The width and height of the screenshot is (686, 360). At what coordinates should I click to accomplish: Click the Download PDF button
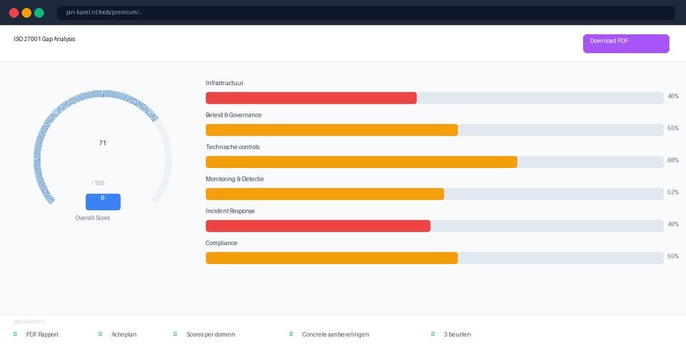(625, 44)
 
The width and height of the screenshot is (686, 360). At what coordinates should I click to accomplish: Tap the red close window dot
(14, 13)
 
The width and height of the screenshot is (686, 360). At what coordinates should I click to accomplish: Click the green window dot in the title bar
(39, 13)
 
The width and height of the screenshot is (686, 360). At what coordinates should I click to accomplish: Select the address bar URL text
(105, 13)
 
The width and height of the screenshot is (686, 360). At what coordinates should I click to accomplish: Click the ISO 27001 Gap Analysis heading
(44, 39)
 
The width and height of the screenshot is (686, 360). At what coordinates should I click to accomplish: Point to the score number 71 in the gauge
(103, 143)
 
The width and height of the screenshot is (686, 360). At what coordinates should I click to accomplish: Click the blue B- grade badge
(103, 201)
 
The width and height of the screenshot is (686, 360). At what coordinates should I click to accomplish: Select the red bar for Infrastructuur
(310, 98)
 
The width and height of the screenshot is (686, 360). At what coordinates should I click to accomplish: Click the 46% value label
(673, 97)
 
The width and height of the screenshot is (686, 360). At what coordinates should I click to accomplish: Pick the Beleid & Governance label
(233, 115)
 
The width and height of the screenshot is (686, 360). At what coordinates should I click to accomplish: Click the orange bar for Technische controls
(361, 162)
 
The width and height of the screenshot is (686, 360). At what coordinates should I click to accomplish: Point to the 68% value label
(673, 161)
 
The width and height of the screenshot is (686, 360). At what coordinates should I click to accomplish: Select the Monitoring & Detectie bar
(325, 194)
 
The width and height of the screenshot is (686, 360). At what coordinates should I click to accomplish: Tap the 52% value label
(673, 193)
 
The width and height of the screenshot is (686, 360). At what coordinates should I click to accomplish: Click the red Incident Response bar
(317, 225)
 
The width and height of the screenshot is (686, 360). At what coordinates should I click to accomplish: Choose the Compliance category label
(221, 243)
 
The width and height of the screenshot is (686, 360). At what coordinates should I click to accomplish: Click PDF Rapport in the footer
(42, 334)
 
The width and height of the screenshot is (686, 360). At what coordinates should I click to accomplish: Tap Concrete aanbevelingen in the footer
(335, 334)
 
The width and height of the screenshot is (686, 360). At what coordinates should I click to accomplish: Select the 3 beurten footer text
(457, 334)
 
